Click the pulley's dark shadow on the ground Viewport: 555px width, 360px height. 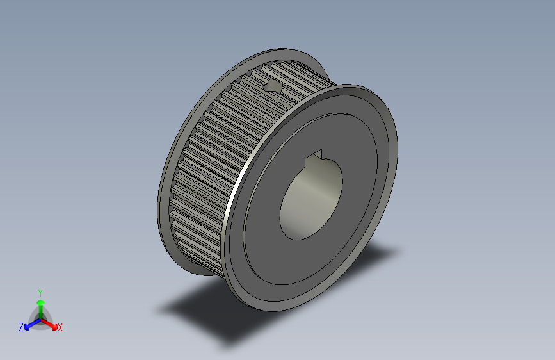(211, 314)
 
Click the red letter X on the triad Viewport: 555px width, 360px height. (60, 327)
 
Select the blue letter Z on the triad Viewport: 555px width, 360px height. (21, 327)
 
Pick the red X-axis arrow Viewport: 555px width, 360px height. (51, 323)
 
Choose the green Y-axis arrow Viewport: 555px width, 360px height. (40, 305)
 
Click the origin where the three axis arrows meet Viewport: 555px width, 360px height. (41, 318)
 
